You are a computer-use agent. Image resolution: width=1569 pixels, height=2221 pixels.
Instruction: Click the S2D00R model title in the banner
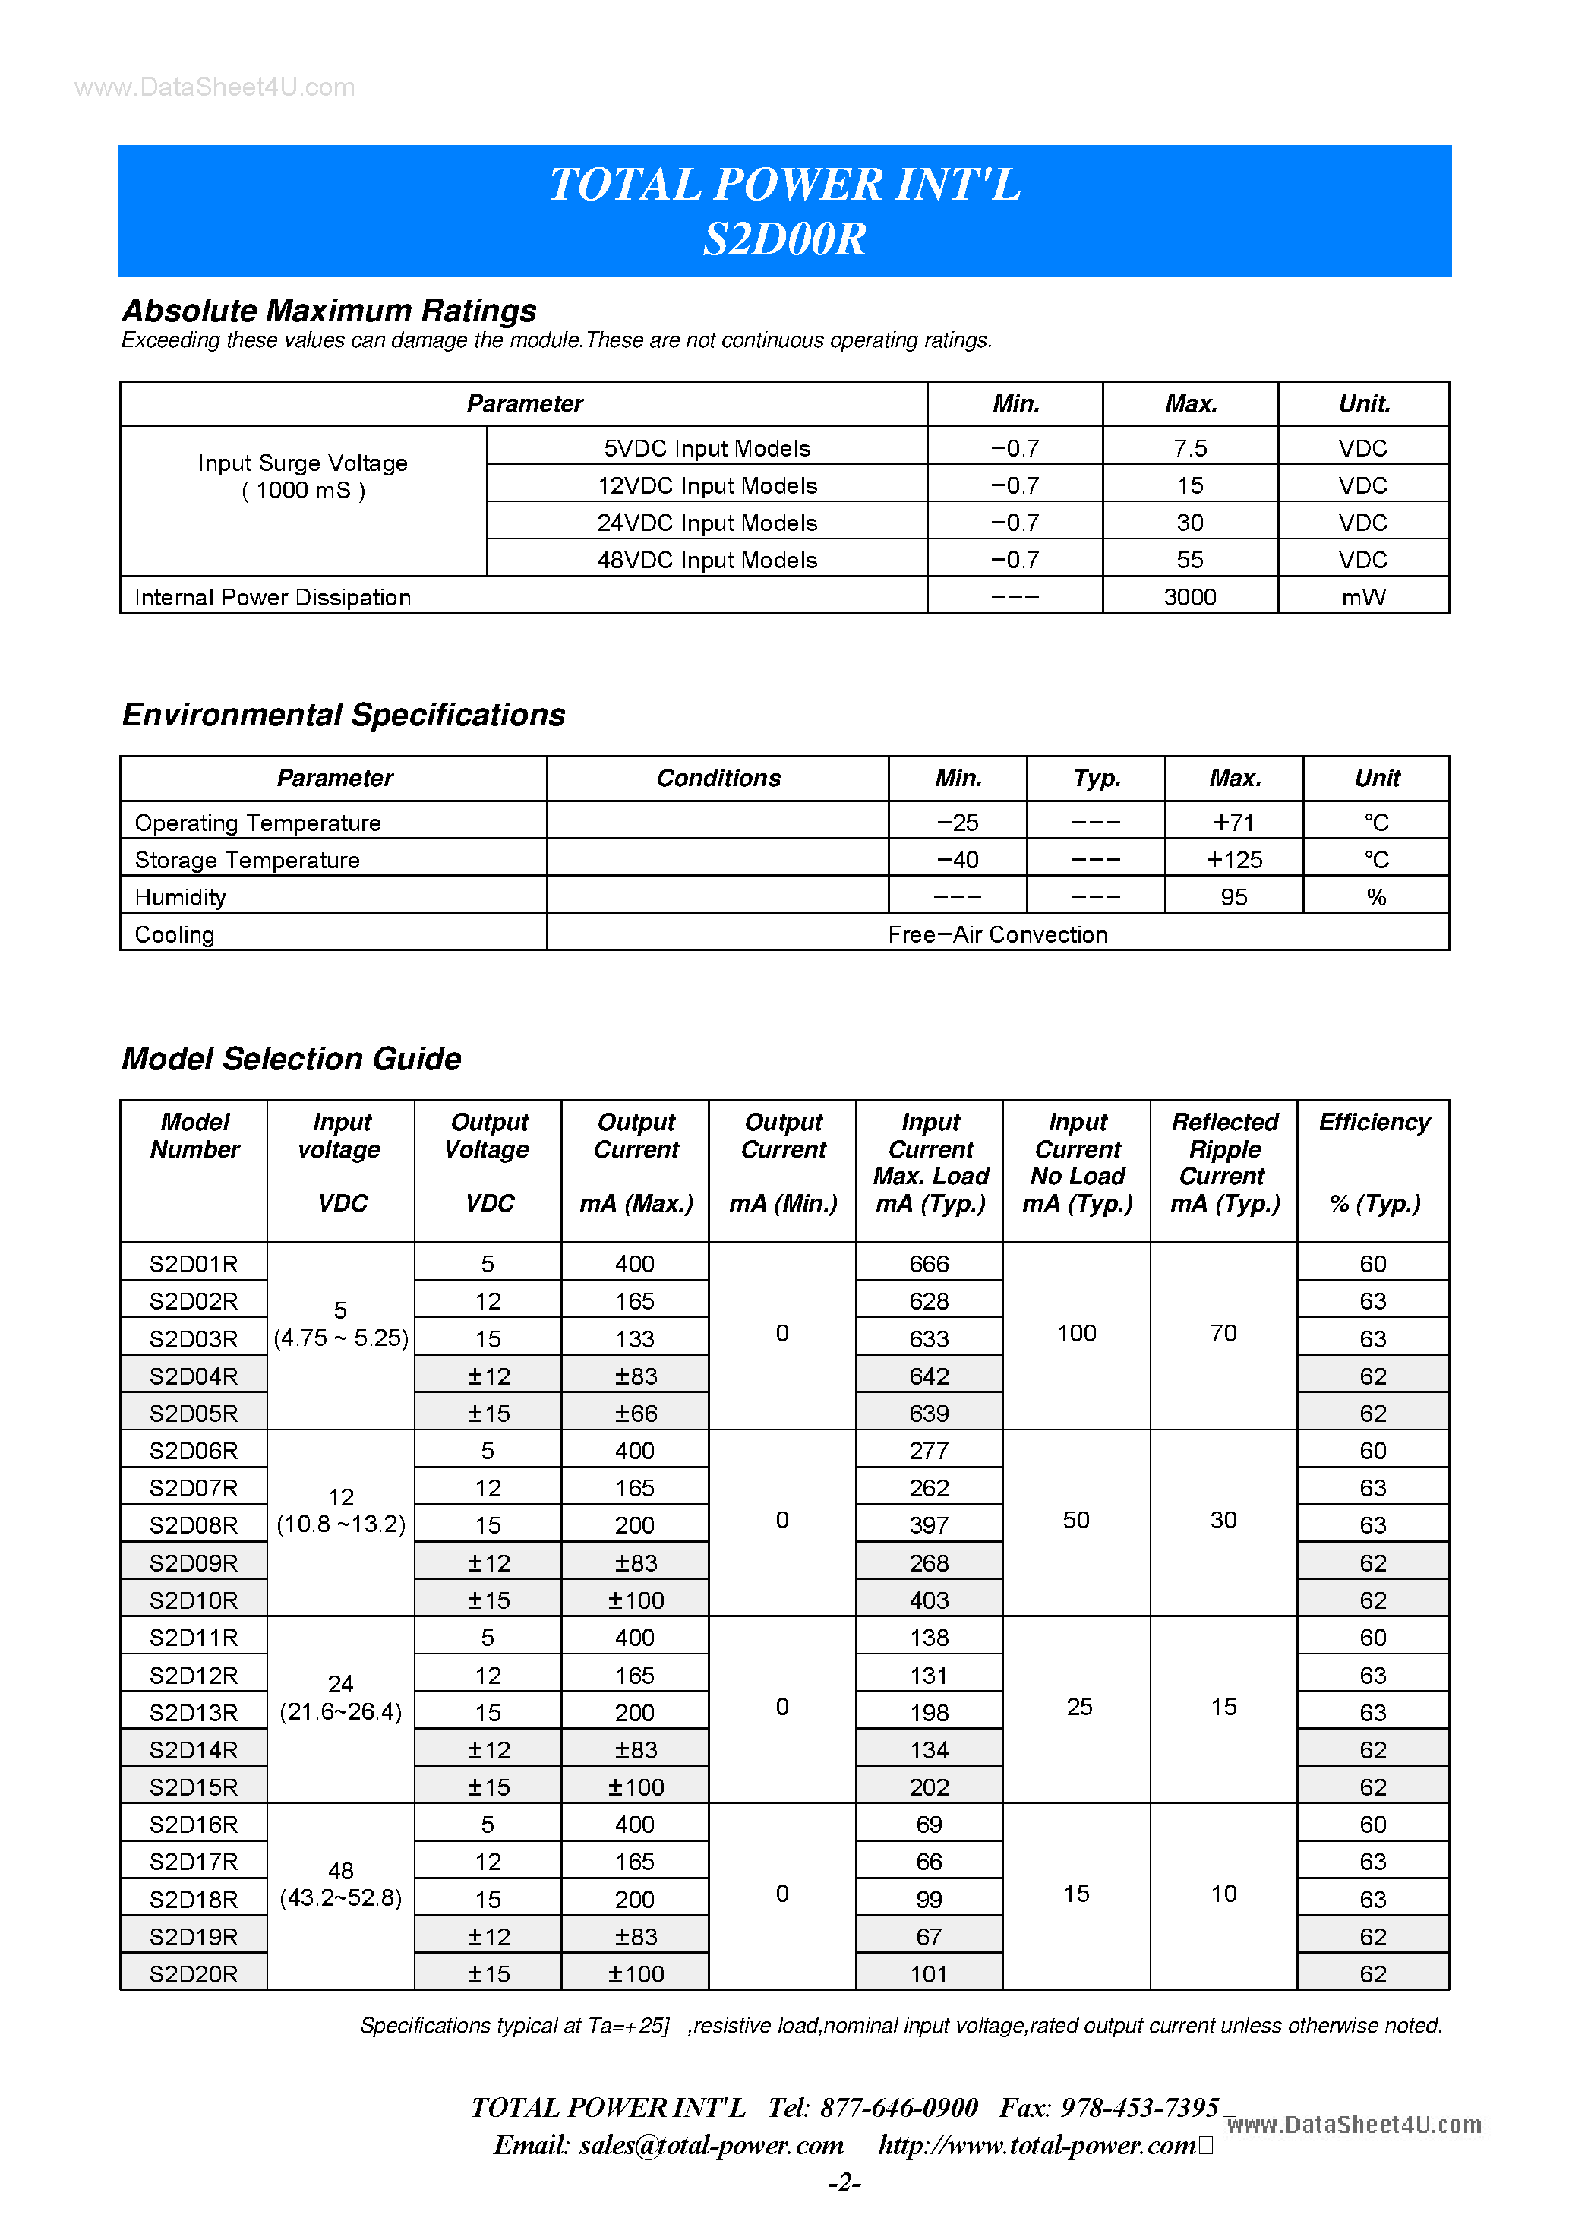[x=784, y=239]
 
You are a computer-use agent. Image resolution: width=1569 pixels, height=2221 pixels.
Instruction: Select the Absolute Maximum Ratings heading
[x=329, y=311]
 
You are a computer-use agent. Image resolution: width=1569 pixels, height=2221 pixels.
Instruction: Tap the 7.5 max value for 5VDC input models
[x=1190, y=448]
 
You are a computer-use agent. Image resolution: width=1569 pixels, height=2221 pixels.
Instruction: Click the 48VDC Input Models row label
[x=707, y=560]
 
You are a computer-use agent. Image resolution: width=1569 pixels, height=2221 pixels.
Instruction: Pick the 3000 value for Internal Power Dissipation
[x=1190, y=597]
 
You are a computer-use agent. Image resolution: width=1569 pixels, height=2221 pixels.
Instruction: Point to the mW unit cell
[x=1363, y=597]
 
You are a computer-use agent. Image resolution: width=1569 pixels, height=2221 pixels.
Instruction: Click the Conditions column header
[x=718, y=778]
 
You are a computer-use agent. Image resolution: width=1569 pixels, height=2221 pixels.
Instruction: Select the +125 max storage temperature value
[x=1233, y=859]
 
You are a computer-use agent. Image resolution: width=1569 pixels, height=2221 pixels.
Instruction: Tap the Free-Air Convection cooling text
[x=997, y=934]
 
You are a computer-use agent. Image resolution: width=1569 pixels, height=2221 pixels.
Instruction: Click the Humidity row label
[x=180, y=897]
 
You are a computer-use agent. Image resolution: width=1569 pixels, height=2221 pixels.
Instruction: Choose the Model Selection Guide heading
[x=291, y=1058]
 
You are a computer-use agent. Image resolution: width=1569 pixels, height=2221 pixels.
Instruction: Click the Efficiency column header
[x=1374, y=1122]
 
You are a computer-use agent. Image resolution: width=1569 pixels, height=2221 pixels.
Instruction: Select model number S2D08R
[x=194, y=1524]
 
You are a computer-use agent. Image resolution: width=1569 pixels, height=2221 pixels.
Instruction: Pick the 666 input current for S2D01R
[x=929, y=1263]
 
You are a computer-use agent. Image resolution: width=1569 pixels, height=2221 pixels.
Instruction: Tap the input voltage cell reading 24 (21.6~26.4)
[x=340, y=1698]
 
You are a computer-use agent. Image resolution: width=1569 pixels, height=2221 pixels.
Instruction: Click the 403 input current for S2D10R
[x=929, y=1600]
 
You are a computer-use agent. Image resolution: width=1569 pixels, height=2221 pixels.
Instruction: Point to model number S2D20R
[x=194, y=1973]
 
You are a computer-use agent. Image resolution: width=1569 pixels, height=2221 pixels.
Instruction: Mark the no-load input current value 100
[x=1077, y=1333]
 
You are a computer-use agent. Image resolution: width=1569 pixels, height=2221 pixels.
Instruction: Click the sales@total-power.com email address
[x=711, y=2144]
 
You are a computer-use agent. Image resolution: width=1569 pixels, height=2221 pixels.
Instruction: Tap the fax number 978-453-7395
[x=1139, y=2107]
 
